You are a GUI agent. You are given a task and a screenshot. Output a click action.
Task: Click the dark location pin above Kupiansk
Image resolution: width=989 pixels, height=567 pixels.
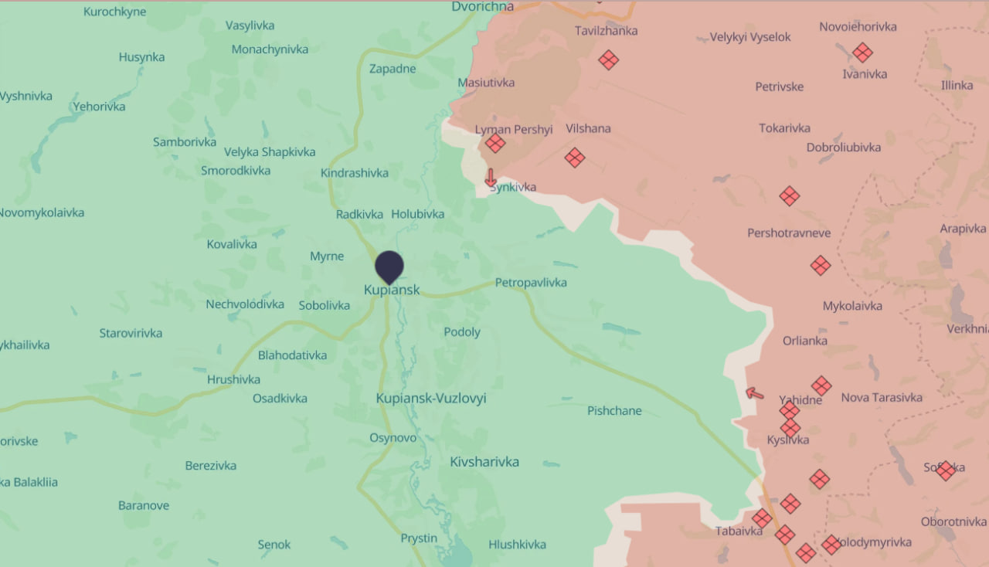tap(389, 267)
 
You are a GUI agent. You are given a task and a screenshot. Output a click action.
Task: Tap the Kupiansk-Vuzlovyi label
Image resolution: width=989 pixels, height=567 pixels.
tap(431, 399)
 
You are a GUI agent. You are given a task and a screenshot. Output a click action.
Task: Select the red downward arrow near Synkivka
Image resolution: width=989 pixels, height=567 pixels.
tap(490, 178)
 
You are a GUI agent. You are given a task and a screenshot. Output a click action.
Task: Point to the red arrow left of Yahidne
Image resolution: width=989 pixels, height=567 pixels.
tap(754, 393)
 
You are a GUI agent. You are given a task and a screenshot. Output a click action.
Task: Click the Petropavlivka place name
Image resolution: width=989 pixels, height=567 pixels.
tap(531, 283)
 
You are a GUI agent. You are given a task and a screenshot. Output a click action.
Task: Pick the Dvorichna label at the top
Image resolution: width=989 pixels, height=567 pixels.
tap(482, 6)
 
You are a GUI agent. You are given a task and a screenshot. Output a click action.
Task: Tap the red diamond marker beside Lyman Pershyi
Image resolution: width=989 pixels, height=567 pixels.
tap(495, 143)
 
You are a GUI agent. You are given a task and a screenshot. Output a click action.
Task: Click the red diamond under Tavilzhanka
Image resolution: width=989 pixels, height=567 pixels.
tap(609, 59)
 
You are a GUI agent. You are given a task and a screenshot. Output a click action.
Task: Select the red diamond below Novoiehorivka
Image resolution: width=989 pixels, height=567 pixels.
tap(862, 53)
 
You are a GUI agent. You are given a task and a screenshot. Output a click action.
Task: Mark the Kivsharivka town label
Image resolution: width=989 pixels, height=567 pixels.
tap(484, 462)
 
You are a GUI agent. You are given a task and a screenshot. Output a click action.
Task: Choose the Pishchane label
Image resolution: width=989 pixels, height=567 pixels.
tap(614, 411)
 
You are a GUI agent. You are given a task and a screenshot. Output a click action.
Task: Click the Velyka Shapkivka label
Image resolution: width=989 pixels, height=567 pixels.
tap(270, 152)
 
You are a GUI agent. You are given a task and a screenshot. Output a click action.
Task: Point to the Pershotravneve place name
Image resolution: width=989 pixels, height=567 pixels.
tap(789, 233)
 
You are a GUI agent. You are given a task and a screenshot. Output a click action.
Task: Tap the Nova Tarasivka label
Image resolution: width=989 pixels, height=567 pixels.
tap(882, 398)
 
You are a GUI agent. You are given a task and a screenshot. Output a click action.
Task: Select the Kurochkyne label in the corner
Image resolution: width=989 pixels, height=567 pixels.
tap(114, 12)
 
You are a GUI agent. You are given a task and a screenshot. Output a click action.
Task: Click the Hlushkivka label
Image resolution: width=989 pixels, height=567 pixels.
tap(517, 545)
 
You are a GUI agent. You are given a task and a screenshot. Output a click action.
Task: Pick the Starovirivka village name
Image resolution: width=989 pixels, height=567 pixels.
tap(131, 334)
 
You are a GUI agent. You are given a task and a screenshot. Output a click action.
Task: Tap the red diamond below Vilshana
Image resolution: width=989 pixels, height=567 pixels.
tap(574, 158)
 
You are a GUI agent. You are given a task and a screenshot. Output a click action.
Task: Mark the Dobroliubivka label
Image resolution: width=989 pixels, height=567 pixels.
tap(844, 148)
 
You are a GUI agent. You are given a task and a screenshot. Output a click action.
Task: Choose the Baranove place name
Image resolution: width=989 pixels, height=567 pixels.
tap(144, 506)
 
